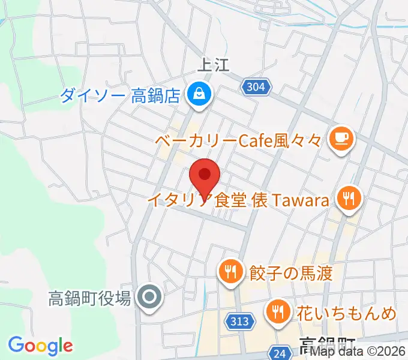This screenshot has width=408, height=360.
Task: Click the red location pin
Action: click(x=205, y=178)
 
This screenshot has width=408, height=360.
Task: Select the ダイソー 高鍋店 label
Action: click(x=120, y=95)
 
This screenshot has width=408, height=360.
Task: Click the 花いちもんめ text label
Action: click(x=346, y=313)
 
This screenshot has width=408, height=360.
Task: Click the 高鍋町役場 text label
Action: click(x=89, y=298)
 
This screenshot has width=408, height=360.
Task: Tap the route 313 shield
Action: click(x=239, y=322)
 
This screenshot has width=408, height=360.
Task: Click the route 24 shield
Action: click(x=279, y=353)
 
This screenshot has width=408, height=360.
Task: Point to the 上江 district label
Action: click(x=214, y=65)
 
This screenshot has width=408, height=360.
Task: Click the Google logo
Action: click(x=41, y=346)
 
